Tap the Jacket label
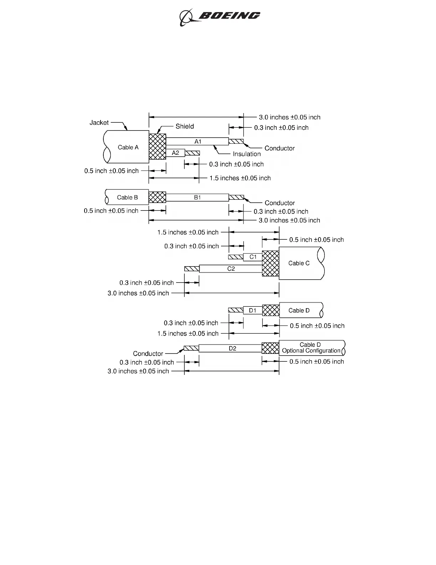click(x=99, y=123)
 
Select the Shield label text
click(x=185, y=126)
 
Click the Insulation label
click(x=247, y=154)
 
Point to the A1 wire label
click(x=198, y=142)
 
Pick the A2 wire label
click(x=175, y=153)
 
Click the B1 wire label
click(x=198, y=198)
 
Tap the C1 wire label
click(x=253, y=257)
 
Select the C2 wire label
click(x=231, y=269)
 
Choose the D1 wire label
click(x=252, y=310)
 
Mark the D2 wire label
click(x=232, y=348)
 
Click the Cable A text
click(x=128, y=147)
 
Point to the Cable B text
click(x=127, y=198)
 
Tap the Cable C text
click(x=299, y=263)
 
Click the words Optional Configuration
click(x=311, y=351)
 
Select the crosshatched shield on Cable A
click(x=157, y=147)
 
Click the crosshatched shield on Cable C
click(x=271, y=263)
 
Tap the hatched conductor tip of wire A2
click(x=192, y=153)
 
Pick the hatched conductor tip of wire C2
click(x=191, y=269)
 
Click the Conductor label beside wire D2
click(x=148, y=354)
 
